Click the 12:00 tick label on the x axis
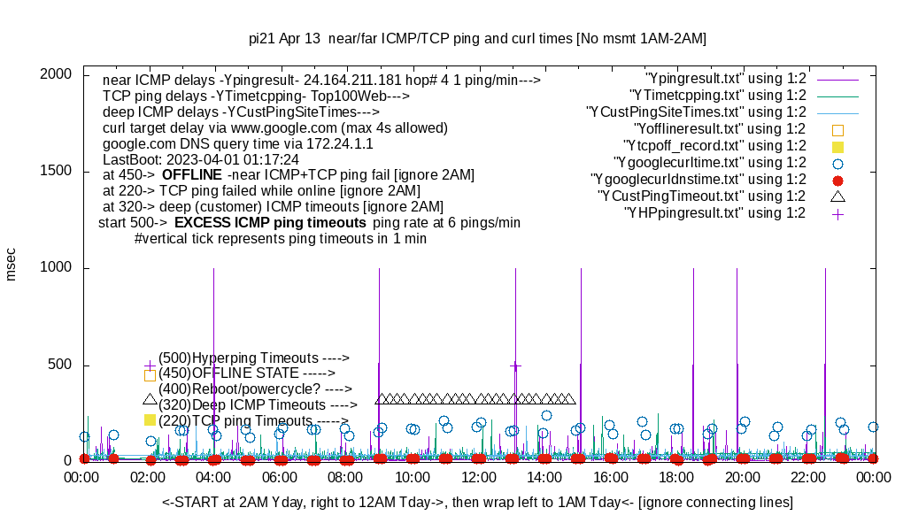pos(479,477)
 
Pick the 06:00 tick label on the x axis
pos(281,477)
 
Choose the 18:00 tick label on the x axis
pos(677,477)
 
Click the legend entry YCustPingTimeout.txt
pos(701,196)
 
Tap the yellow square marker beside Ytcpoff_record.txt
pos(837,145)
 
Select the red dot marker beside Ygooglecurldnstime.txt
pos(837,179)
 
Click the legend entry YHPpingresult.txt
pos(714,212)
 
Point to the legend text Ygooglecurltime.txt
pos(709,162)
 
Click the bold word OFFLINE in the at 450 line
pos(190,174)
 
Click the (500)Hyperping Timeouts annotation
pos(254,358)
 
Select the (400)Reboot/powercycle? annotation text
pos(255,389)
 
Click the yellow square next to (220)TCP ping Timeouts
pos(150,419)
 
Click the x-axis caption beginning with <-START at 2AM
pos(477,503)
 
